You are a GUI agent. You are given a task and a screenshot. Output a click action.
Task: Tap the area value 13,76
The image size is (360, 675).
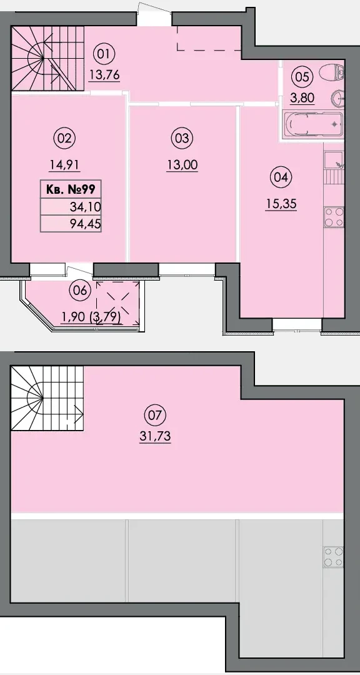pyautogui.click(x=104, y=75)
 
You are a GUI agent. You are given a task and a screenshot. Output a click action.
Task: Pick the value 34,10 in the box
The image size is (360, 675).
pyautogui.click(x=85, y=207)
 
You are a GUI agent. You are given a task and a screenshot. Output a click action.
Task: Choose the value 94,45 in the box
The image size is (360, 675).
pyautogui.click(x=85, y=224)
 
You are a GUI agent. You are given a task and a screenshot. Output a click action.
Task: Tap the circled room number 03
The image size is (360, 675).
pyautogui.click(x=182, y=139)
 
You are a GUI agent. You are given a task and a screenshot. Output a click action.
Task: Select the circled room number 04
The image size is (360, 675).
pyautogui.click(x=281, y=177)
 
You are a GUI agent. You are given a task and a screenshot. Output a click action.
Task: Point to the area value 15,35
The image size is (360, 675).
pyautogui.click(x=281, y=203)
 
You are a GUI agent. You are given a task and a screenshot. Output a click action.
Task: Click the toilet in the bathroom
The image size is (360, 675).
pyautogui.click(x=332, y=72)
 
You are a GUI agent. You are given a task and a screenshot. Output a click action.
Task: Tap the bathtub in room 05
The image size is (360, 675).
pyautogui.click(x=312, y=124)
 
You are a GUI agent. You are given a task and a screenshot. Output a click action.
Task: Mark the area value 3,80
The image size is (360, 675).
pyautogui.click(x=302, y=97)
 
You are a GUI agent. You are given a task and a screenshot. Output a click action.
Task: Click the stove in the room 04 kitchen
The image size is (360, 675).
pyautogui.click(x=334, y=217)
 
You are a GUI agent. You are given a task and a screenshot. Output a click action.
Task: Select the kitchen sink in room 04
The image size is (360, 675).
pyautogui.click(x=334, y=161)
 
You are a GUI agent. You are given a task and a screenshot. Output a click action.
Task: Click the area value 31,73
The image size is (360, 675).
pyautogui.click(x=155, y=436)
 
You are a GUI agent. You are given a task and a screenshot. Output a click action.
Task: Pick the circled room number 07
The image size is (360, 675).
pyautogui.click(x=155, y=416)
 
